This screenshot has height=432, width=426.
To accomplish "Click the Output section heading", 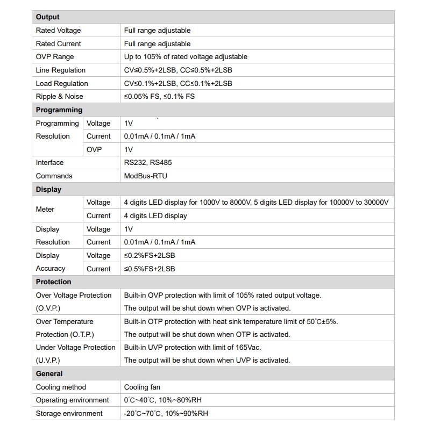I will [48, 17].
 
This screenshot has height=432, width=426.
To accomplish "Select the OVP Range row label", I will [55, 57].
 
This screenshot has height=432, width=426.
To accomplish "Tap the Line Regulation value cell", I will [178, 70].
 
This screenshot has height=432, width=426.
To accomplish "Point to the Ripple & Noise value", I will [159, 97].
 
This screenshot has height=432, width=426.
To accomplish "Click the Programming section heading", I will [59, 110].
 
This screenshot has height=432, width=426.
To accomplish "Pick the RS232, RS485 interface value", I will [148, 163].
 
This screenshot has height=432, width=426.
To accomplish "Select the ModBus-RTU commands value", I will [146, 176].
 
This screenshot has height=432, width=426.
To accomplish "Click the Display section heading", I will [49, 190].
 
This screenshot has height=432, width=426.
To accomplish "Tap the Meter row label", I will [45, 209].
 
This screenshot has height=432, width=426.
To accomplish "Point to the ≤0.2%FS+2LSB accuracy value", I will [150, 256].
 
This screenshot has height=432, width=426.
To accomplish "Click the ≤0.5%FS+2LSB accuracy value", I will [150, 269].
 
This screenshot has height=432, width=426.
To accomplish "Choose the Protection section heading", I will [54, 282].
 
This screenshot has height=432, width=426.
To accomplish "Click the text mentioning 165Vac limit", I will [200, 348].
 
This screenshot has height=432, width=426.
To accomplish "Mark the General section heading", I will [49, 374].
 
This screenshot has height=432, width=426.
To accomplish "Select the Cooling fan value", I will [142, 387].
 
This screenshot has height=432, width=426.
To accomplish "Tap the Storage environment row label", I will [69, 414].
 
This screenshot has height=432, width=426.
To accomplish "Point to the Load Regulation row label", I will [62, 84].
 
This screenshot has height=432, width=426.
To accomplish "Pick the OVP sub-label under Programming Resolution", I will [94, 150].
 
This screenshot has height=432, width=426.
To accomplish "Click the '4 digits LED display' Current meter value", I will [155, 216].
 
